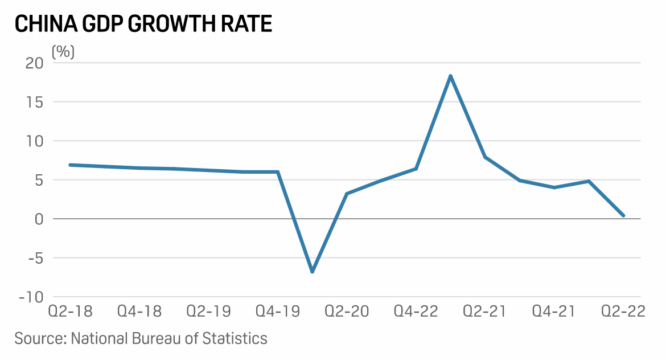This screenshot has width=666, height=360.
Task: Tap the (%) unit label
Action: pyautogui.click(x=63, y=52)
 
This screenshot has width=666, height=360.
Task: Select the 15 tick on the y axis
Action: pyautogui.click(x=36, y=102)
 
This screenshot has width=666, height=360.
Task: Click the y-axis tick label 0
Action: pyautogui.click(x=39, y=219)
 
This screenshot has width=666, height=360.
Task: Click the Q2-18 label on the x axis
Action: pyautogui.click(x=70, y=312)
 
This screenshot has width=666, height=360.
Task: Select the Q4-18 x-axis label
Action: pyautogui.click(x=139, y=312)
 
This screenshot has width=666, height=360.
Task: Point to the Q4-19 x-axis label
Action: pyautogui.click(x=278, y=312)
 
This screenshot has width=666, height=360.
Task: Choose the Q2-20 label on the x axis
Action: pyautogui.click(x=347, y=312)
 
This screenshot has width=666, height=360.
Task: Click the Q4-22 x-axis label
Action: pyautogui.click(x=416, y=312)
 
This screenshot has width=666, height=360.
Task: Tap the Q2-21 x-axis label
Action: pyautogui.click(x=484, y=312)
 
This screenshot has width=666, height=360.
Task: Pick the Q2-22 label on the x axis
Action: pyautogui.click(x=624, y=312)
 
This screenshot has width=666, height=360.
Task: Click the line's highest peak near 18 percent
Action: pyautogui.click(x=450, y=76)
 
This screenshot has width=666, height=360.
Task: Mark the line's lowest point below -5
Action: pyautogui.click(x=312, y=272)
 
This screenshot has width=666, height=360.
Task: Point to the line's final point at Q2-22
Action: pyautogui.click(x=623, y=215)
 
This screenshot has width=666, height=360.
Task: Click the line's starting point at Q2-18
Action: pyautogui.click(x=70, y=165)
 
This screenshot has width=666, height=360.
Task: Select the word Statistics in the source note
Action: pyautogui.click(x=236, y=338)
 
